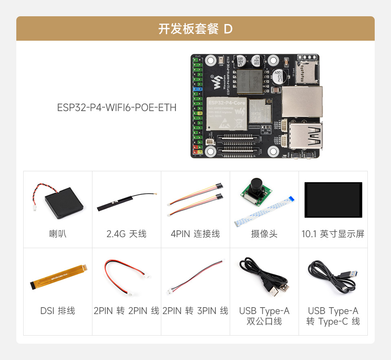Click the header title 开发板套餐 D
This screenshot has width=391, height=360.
coord(195,29)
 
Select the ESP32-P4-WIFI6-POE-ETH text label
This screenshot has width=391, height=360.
coord(116,107)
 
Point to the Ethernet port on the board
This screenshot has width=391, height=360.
coord(302,102)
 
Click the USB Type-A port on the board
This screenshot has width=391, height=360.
coord(307,136)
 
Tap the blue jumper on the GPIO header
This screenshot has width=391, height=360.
coord(198,88)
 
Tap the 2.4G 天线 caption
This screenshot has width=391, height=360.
coord(126,234)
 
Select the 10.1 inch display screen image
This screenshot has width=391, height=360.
coord(333,200)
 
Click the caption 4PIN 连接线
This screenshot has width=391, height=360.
coord(195,234)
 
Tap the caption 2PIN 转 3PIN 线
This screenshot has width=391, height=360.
coord(195,311)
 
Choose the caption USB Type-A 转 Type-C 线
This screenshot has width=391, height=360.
coord(333,316)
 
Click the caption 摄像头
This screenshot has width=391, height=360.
coord(264,234)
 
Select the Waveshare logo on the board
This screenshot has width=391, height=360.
coord(215,83)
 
